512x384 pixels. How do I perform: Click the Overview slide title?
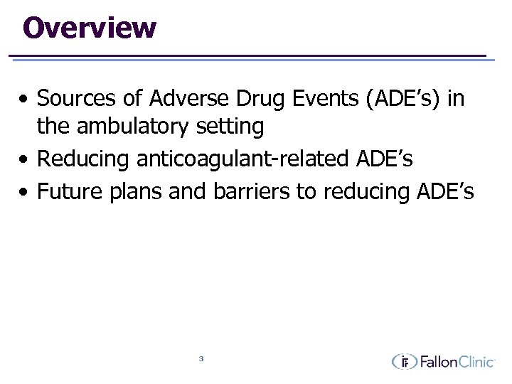90,28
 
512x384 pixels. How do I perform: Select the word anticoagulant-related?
241,159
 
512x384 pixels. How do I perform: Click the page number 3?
201,358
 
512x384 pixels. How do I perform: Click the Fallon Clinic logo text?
456,362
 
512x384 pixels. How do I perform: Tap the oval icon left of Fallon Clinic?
405,362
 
